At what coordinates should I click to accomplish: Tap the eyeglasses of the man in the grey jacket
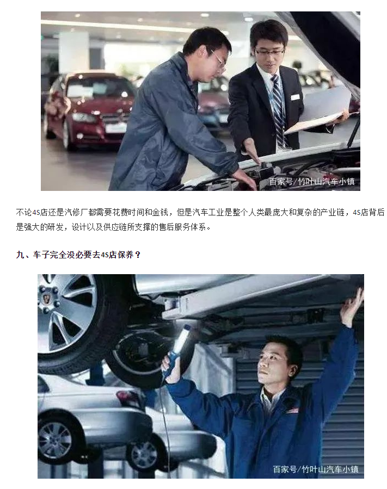(x=219, y=59)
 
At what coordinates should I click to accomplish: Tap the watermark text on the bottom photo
(x=315, y=469)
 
